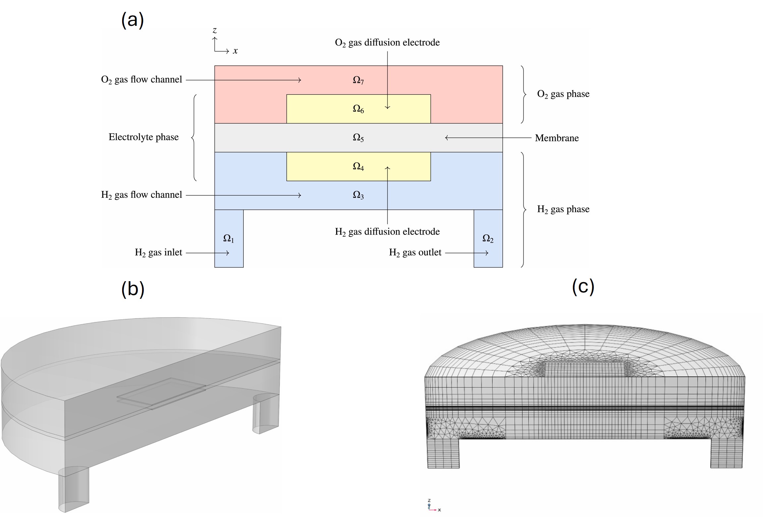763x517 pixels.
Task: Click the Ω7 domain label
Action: (358, 80)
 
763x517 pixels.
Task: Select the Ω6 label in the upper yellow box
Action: (358, 109)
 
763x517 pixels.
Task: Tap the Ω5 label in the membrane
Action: (358, 138)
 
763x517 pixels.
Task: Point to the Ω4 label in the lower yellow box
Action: (358, 167)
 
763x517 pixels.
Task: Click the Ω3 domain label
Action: (358, 195)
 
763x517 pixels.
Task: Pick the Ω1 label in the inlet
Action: (229, 238)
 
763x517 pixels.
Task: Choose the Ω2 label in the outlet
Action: (488, 238)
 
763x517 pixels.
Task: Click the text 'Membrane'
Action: (557, 138)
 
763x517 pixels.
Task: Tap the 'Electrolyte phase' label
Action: (143, 137)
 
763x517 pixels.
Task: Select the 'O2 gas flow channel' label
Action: (141, 80)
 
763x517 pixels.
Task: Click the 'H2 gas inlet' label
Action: (158, 253)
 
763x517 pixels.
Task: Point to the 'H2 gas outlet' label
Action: (415, 253)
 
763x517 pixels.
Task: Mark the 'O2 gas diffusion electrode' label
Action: (387, 43)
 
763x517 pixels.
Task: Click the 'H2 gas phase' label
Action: (563, 209)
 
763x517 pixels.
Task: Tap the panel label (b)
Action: (133, 289)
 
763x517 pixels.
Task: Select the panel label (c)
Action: (583, 286)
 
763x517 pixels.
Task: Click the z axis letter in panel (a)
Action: (215, 31)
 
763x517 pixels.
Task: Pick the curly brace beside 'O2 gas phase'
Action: (523, 94)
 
